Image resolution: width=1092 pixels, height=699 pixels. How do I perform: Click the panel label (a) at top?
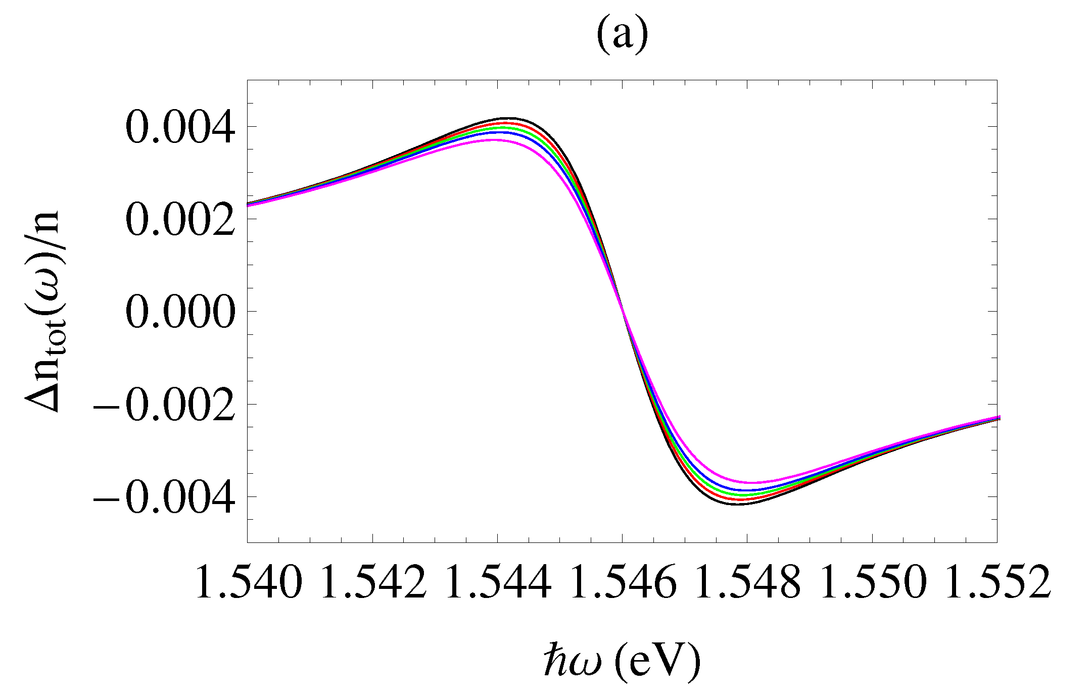tap(622, 36)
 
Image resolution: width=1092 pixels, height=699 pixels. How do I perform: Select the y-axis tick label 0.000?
tap(180, 312)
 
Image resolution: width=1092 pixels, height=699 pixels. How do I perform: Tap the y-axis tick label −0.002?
tap(164, 405)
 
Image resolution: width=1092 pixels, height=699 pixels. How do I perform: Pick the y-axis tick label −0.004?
tap(164, 497)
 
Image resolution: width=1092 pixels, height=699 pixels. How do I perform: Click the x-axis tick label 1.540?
tap(248, 582)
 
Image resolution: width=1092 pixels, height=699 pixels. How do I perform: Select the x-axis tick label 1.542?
tap(373, 582)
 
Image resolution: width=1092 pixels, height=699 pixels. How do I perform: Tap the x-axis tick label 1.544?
tap(498, 582)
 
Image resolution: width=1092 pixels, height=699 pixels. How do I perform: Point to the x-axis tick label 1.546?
tap(623, 582)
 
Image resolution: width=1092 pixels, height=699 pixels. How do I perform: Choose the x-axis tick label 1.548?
tap(747, 582)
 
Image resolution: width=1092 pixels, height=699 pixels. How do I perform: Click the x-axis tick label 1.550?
tap(872, 582)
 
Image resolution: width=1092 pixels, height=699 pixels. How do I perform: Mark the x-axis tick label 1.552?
tap(997, 582)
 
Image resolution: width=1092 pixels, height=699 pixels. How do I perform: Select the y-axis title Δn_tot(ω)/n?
tap(42, 311)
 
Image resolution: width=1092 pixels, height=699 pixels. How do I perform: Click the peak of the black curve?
tap(510, 118)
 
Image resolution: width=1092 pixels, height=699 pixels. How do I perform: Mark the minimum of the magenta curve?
tap(752, 482)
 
